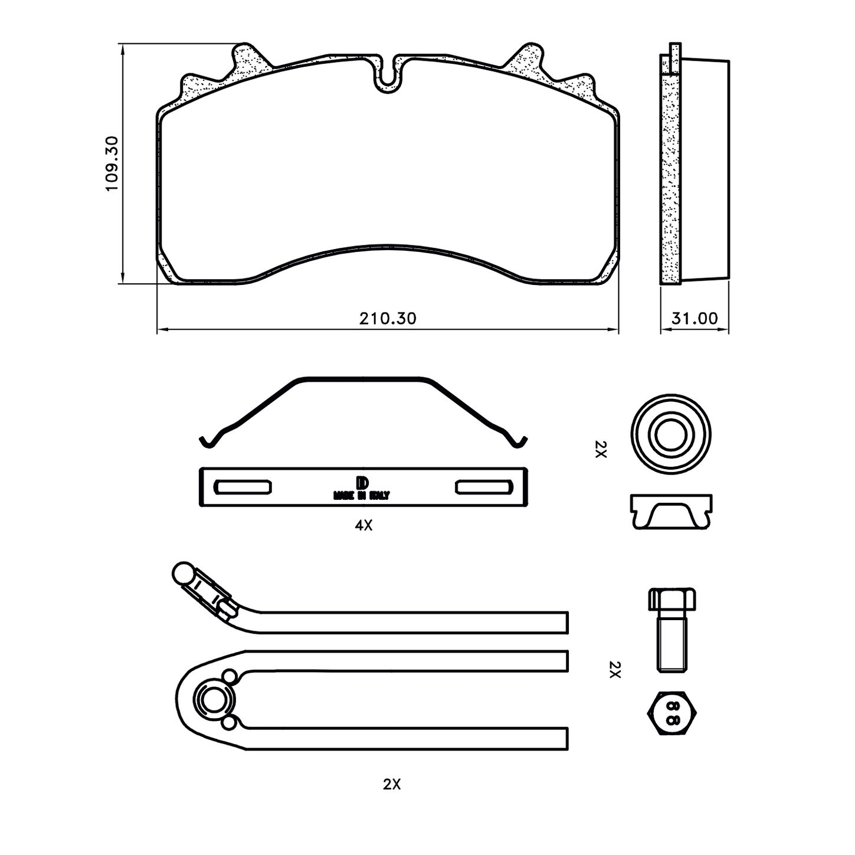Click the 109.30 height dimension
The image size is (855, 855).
[x=112, y=163]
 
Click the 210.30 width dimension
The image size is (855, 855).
[x=388, y=319]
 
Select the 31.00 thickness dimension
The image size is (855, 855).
[x=695, y=319]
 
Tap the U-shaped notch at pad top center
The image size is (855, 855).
[x=388, y=76]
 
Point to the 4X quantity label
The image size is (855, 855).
[x=363, y=525]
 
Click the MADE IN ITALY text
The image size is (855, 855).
[x=361, y=496]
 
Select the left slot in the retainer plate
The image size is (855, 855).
[x=243, y=487]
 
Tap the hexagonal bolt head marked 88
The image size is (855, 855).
[x=672, y=712]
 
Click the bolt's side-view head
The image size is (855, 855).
[x=672, y=600]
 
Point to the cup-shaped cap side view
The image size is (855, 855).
[x=671, y=512]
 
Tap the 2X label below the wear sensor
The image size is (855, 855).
[x=392, y=784]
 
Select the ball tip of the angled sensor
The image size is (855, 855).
[x=182, y=571]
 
